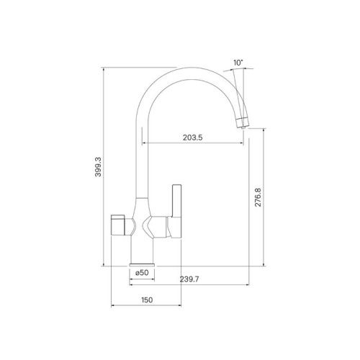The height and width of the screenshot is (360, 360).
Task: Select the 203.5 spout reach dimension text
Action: point(192,136)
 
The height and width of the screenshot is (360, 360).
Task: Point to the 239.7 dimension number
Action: point(189,279)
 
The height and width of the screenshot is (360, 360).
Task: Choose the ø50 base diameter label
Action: point(142,272)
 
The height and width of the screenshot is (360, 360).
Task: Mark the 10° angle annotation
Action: point(238,63)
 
